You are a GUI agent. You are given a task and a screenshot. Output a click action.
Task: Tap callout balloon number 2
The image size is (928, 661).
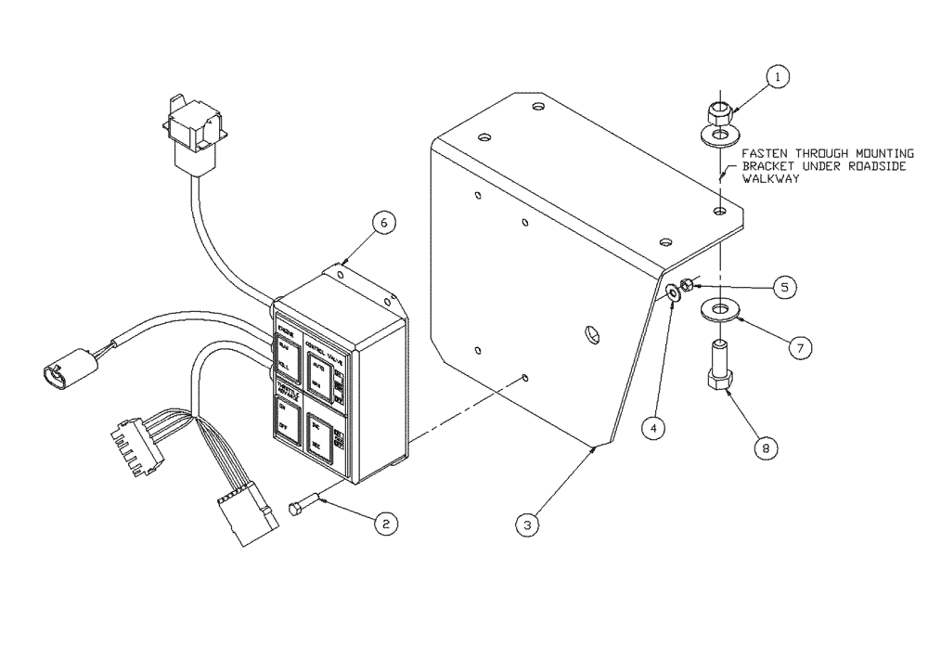(x=386, y=524)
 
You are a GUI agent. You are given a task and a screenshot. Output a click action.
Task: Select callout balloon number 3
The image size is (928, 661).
(x=527, y=525)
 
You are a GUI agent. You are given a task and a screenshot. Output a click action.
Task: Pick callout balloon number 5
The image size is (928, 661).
(x=784, y=287)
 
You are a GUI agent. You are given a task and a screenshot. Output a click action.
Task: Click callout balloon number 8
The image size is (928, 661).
(x=766, y=448)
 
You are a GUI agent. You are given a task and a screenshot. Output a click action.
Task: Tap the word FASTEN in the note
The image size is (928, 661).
(x=765, y=153)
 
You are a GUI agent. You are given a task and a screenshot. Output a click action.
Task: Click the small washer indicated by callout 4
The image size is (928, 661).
(x=671, y=293)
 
